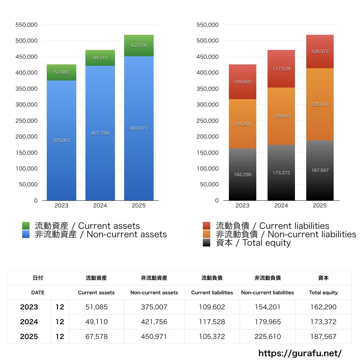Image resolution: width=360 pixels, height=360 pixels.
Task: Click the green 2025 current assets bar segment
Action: coord(139,46)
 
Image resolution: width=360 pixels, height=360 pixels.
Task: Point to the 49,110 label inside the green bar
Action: coord(100,58)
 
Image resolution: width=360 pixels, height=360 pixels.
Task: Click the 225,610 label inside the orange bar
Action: coord(320,104)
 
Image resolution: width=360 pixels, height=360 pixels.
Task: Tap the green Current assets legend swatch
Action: coord(26,226)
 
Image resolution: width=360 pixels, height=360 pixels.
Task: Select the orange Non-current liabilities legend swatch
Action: coord(207,234)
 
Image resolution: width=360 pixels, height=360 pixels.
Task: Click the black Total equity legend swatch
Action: coord(207,243)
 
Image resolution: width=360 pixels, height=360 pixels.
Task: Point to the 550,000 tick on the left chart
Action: coord(27,25)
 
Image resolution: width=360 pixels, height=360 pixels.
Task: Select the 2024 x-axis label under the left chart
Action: coord(100,206)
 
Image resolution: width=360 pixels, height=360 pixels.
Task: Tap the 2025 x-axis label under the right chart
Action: coord(320,206)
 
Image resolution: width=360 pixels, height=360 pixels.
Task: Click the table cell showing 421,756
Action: coord(154,322)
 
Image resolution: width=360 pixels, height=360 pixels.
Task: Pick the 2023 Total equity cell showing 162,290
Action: coord(323,307)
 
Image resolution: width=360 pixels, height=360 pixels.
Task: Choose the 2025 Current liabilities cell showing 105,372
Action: coord(212,336)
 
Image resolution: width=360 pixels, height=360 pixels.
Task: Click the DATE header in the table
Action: coord(38,292)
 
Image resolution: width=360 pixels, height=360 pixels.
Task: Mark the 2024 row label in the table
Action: coord(29,322)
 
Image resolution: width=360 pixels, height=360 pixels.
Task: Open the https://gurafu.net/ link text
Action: coord(300,353)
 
